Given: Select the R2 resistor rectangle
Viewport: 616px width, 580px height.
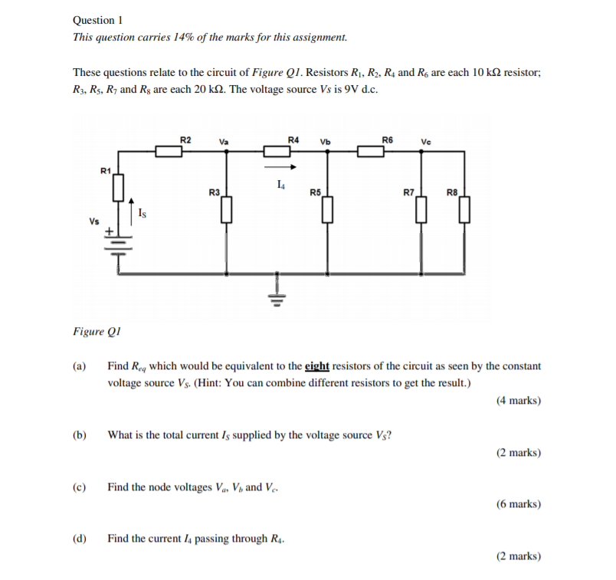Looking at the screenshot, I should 169,151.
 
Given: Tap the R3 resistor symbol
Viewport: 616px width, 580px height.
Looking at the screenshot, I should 226,208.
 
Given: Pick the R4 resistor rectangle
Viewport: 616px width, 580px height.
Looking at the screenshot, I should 277,151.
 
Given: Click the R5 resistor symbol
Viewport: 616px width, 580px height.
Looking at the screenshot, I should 328,208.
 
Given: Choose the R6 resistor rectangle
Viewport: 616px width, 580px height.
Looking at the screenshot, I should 372,151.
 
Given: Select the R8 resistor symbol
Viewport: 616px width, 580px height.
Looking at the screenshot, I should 464,208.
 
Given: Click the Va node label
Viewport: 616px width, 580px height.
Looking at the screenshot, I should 224,142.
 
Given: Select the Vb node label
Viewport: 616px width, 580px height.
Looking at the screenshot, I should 326,142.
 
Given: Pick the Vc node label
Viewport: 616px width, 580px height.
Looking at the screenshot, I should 426,142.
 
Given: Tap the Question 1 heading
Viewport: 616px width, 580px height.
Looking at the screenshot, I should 98,21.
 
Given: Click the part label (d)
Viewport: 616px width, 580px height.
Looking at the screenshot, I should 80,539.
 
